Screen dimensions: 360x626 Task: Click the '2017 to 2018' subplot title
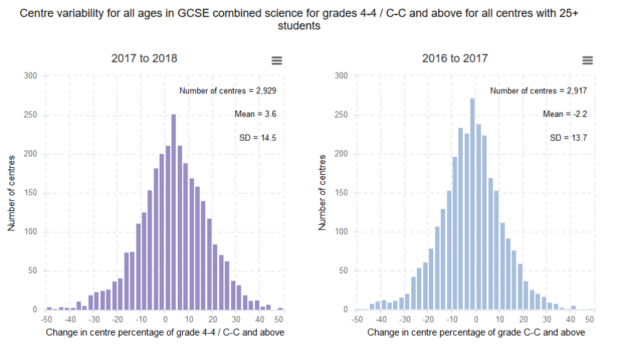(144, 58)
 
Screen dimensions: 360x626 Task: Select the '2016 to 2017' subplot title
(454, 58)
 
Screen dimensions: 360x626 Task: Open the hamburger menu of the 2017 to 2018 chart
(277, 60)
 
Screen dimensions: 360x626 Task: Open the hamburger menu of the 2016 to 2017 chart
(587, 60)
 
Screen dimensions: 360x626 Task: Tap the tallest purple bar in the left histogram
(173, 213)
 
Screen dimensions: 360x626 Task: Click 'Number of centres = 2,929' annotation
(228, 91)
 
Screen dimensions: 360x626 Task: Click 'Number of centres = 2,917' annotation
(538, 91)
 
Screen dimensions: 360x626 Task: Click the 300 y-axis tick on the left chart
(31, 76)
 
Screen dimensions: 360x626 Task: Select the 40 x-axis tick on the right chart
(572, 319)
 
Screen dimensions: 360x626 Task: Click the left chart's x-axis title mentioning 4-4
(165, 332)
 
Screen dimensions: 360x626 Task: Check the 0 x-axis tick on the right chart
(475, 319)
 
